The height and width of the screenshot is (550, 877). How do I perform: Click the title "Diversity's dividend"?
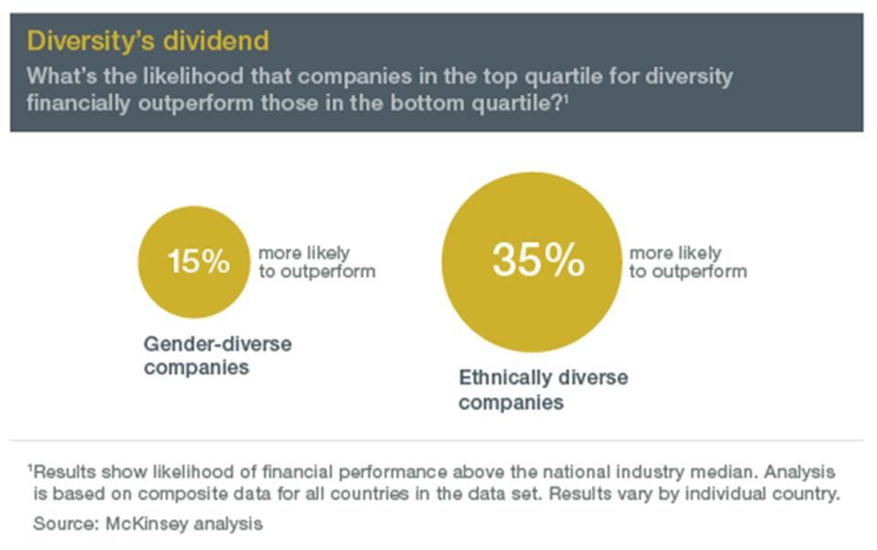click(148, 41)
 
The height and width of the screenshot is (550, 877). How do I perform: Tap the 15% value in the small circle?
click(198, 262)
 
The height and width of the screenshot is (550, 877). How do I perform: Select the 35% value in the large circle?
click(537, 259)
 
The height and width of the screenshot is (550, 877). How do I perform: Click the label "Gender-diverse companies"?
click(217, 355)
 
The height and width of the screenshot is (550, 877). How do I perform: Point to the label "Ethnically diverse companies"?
click(543, 390)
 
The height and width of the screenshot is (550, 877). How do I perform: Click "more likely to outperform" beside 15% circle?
click(316, 262)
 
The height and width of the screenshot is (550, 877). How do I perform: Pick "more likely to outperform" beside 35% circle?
click(687, 262)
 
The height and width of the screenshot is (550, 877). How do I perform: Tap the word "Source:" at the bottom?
click(59, 524)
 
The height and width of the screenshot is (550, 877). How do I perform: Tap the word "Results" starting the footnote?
click(63, 472)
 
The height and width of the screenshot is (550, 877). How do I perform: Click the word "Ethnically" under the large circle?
click(505, 377)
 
